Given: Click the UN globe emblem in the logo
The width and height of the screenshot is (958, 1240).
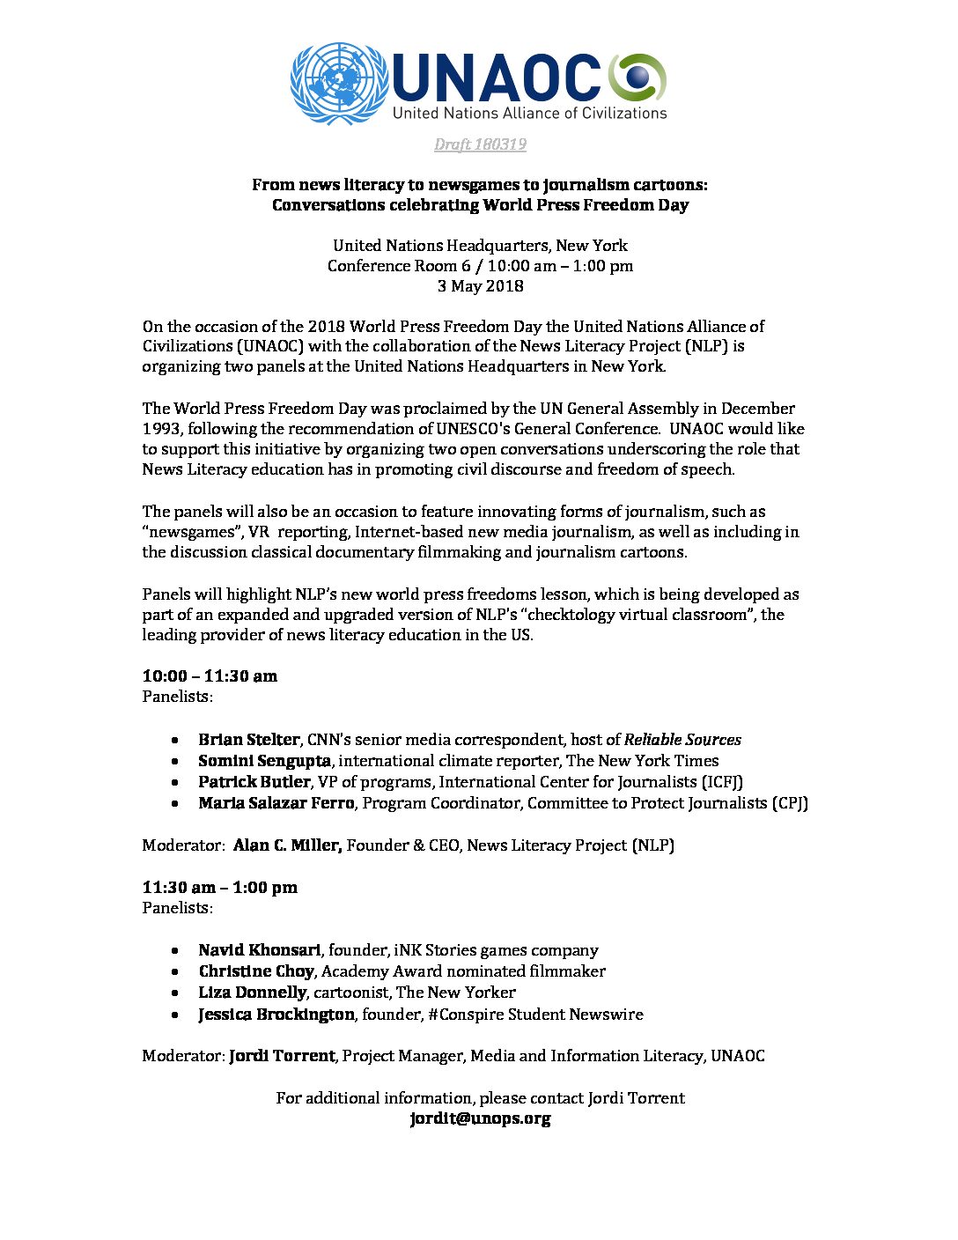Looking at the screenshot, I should click(x=339, y=84).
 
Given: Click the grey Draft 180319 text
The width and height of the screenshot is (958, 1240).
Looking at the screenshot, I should click(x=480, y=144).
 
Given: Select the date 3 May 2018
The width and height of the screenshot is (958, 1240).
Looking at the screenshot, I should click(x=480, y=286).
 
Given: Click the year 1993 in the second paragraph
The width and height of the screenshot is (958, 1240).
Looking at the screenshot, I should click(x=162, y=429).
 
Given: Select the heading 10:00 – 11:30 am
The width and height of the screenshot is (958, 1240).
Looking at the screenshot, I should click(x=210, y=676).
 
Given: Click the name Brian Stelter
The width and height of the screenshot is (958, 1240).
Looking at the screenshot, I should click(x=248, y=740).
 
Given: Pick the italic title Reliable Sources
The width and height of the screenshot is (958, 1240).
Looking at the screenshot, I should click(x=682, y=740).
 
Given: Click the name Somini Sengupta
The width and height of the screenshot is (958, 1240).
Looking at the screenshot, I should click(x=264, y=761).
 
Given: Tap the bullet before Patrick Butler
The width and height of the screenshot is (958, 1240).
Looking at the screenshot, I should click(x=178, y=783).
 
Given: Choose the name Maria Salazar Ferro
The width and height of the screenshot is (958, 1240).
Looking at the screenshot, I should click(x=276, y=803).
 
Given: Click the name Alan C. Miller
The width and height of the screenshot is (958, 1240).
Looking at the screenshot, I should click(x=287, y=845).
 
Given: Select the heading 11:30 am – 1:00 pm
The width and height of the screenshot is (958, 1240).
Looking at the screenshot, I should click(x=220, y=888).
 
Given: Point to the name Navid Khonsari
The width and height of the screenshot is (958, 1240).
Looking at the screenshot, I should click(x=260, y=950).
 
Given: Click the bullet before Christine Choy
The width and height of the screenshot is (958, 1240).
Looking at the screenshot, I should click(x=178, y=972).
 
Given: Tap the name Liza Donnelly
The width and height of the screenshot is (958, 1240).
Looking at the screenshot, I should click(x=252, y=993).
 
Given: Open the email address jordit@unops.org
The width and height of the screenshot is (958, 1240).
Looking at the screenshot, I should click(x=480, y=1119).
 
